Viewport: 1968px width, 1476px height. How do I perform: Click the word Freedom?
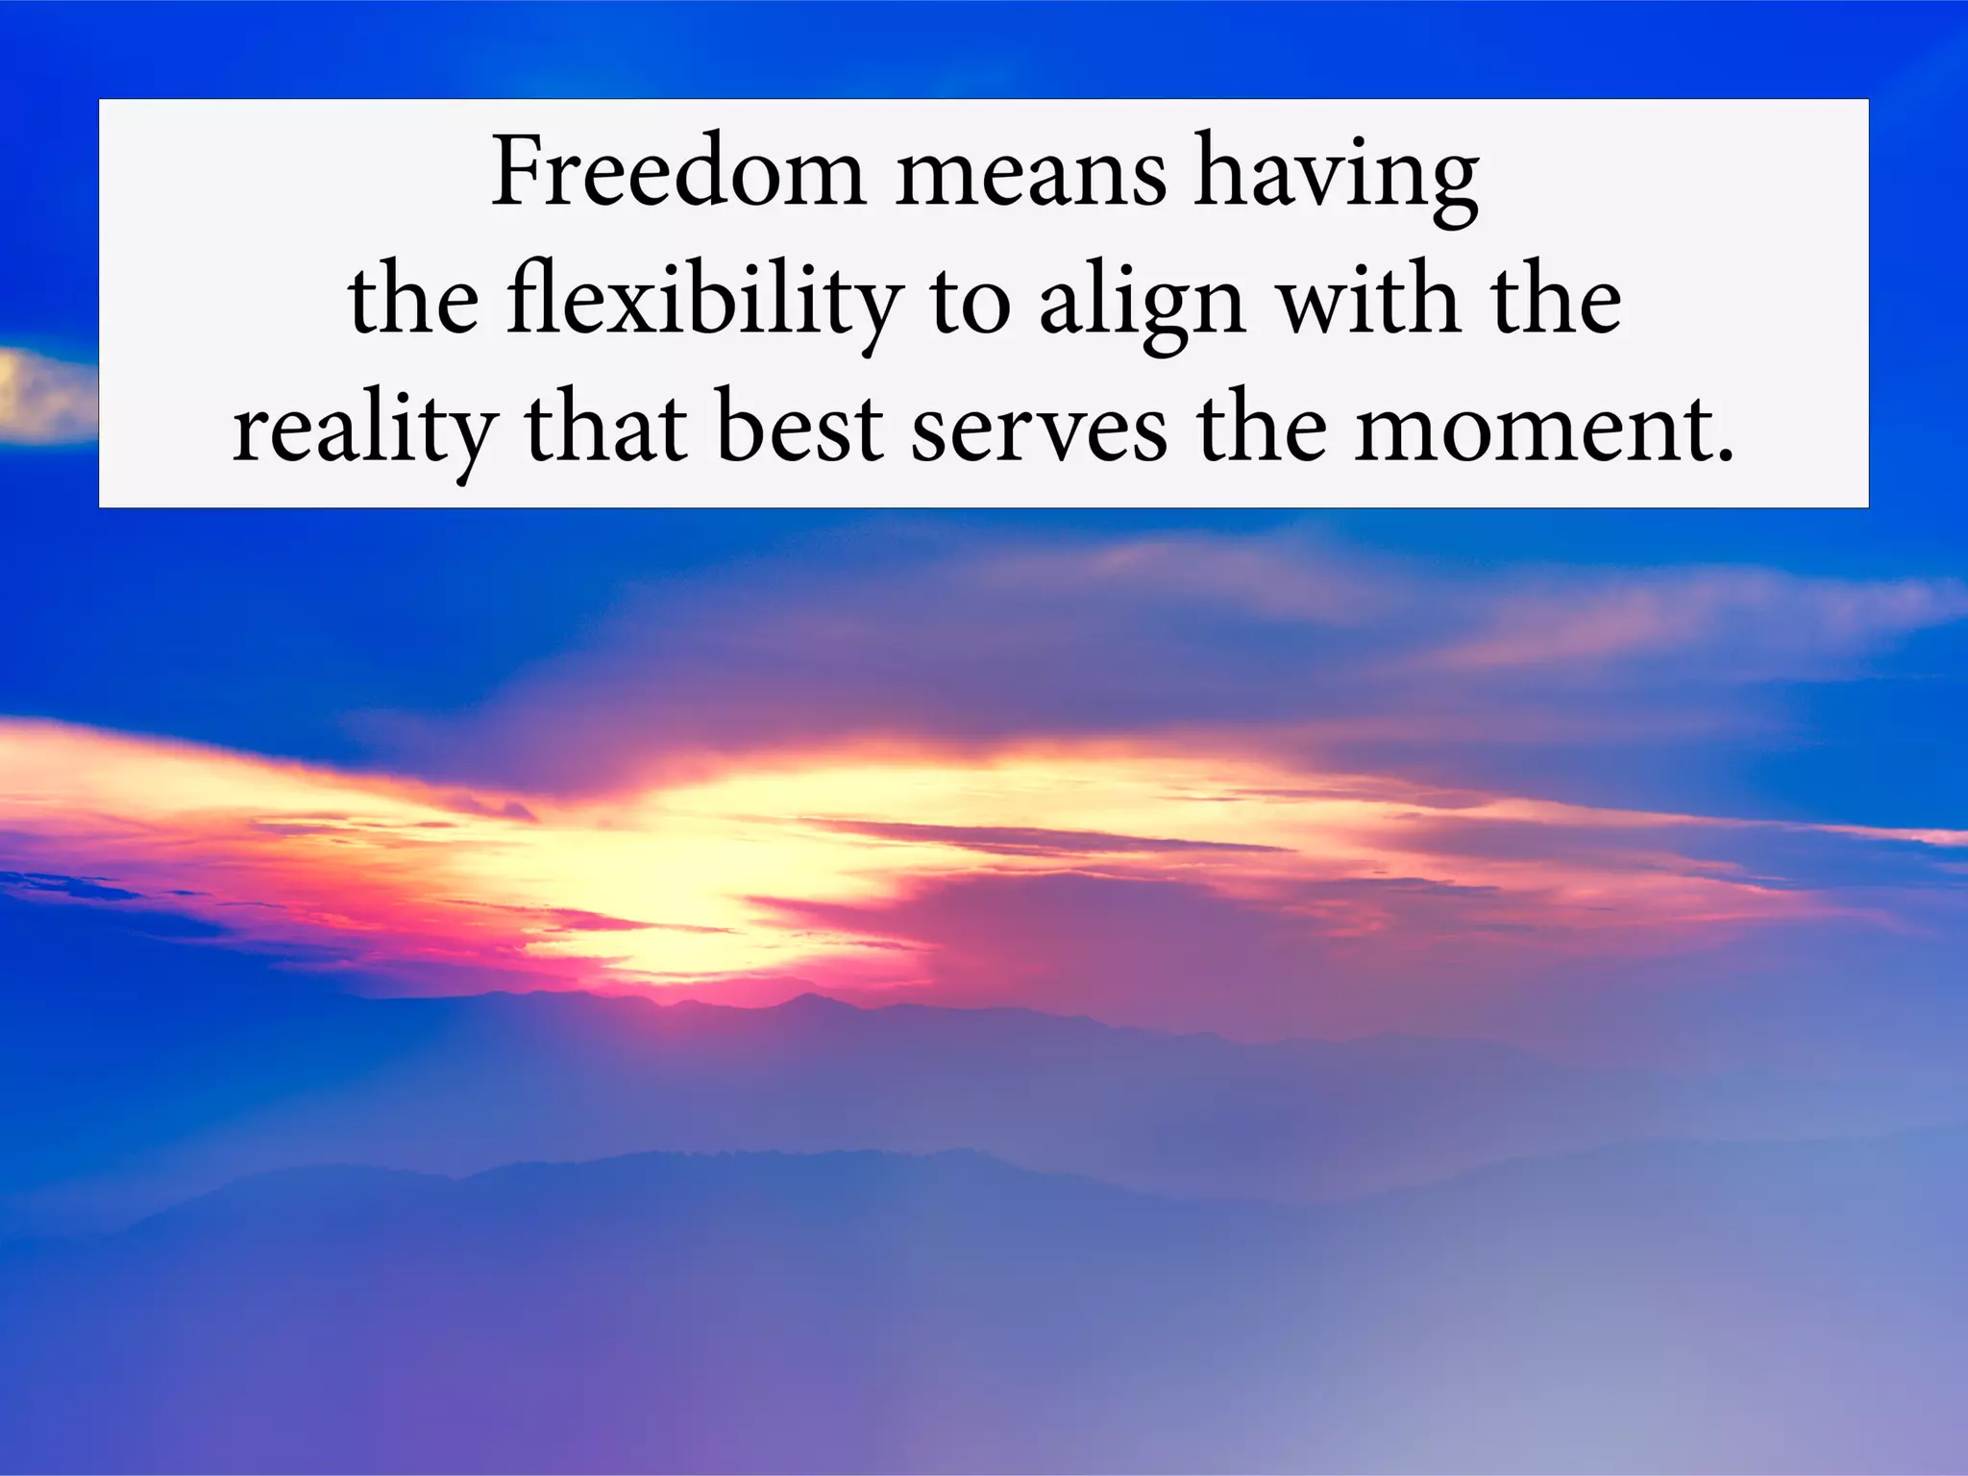tap(678, 173)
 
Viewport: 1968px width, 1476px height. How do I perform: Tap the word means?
tap(1030, 177)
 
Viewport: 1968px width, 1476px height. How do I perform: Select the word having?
tap(1336, 177)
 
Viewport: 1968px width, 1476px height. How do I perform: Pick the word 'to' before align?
tap(971, 304)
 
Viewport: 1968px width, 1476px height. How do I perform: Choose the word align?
tap(1142, 304)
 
